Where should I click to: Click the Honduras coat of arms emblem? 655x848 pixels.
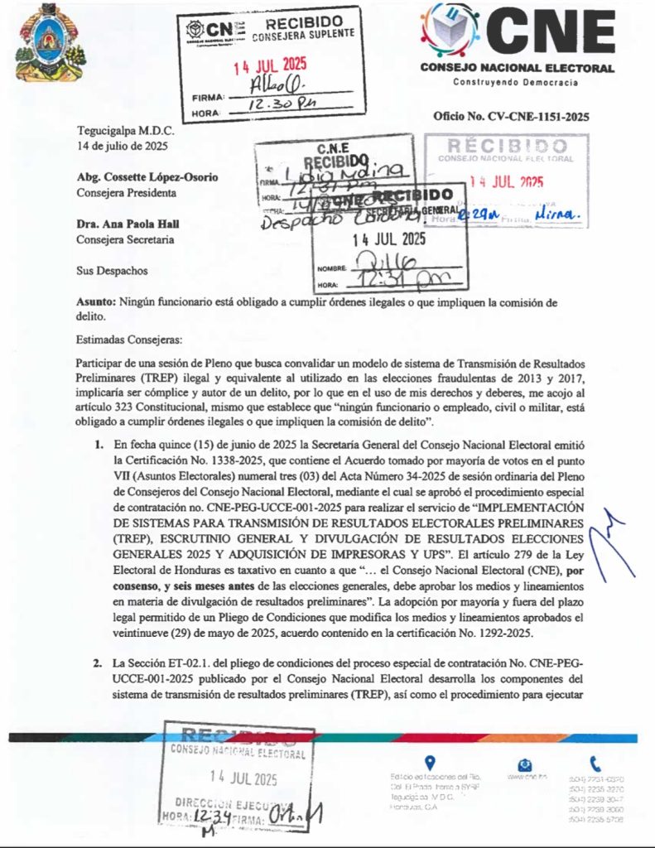click(49, 42)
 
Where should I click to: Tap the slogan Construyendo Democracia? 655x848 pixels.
click(516, 82)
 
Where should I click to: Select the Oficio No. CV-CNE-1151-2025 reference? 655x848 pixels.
click(511, 117)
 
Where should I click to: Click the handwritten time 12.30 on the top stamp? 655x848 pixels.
click(258, 106)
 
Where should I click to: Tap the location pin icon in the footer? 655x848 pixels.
click(430, 763)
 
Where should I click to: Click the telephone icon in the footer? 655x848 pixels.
click(595, 764)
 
